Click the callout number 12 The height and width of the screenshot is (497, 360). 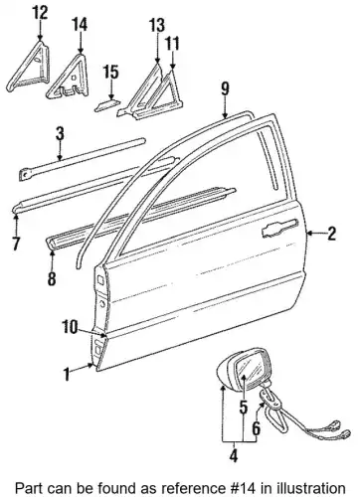pos(40,13)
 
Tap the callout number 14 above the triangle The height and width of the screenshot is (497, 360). pos(80,24)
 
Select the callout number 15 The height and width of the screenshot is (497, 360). pos(110,72)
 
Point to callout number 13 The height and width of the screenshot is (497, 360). pos(156,25)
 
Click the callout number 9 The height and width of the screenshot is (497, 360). pos(225,88)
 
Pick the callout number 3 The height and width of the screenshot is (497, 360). pos(60,134)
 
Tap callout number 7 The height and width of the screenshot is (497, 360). pos(16,244)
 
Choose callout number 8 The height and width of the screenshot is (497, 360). pos(52,278)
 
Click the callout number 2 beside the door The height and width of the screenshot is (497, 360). pos(331,234)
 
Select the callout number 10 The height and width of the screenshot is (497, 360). pos(71,327)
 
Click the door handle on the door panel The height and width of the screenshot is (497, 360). pos(278,228)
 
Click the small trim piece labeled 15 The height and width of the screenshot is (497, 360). pos(107,105)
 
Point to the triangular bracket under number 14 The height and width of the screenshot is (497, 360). pos(69,77)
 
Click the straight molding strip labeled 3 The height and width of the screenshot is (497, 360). pos(82,159)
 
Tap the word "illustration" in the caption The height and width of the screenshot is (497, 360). pos(307,488)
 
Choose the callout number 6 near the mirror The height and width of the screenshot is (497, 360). pos(257,428)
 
